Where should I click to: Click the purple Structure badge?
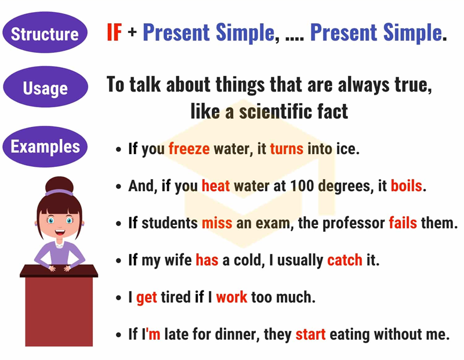45,34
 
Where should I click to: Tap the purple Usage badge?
45,88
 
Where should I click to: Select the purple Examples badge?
45,146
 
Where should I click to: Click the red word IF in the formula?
114,33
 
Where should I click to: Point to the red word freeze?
189,149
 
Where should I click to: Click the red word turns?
287,149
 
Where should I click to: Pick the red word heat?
216,187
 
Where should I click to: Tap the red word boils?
408,187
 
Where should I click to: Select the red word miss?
217,223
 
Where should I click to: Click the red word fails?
403,223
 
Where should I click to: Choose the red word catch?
345,260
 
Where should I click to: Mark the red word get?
147,298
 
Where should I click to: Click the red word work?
231,297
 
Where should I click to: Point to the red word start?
311,334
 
